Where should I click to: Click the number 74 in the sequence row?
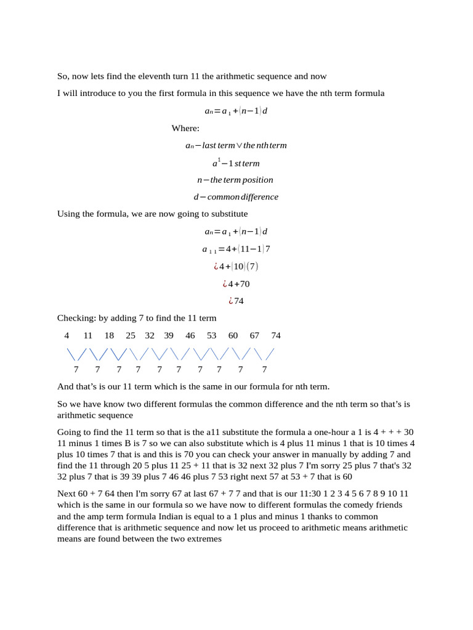coord(275,335)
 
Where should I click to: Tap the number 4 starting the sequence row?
coord(67,335)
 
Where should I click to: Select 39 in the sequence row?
coord(169,335)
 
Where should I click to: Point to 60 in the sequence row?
coord(233,335)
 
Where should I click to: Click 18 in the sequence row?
coord(109,335)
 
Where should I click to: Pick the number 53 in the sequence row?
coord(211,335)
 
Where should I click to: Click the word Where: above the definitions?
coord(185,129)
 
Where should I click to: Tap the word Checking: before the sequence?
coord(76,318)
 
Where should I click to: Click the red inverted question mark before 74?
coord(230,301)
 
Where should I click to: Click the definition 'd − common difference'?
coord(236,197)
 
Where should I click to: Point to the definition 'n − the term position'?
coord(235,180)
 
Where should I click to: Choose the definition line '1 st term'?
coord(236,163)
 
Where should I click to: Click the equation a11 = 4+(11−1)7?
coord(236,249)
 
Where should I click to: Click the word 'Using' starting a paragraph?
coord(68,213)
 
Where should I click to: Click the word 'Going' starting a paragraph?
coord(69,432)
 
